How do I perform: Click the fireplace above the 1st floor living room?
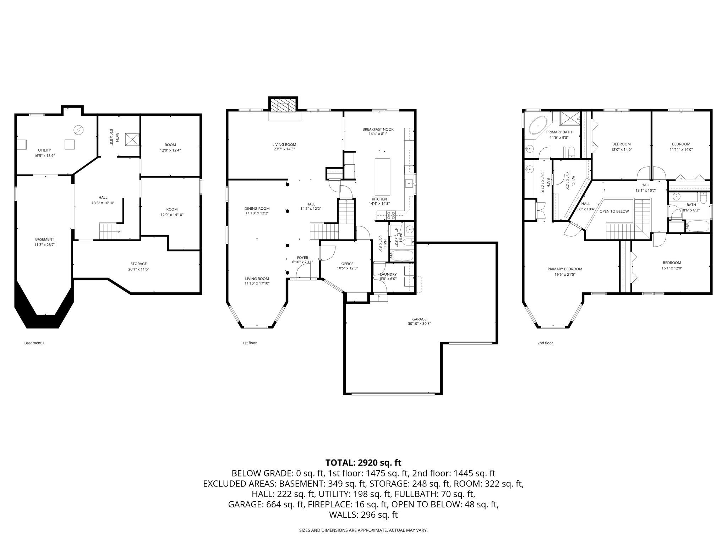click(283, 105)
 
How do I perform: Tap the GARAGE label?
click(419, 319)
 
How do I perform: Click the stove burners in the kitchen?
click(391, 215)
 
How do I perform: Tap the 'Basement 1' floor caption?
click(34, 343)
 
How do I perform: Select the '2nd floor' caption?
click(545, 343)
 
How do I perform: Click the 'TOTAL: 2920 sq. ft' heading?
click(363, 463)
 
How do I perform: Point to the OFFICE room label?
click(347, 264)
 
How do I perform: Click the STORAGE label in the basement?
click(138, 264)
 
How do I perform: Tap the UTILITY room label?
click(44, 150)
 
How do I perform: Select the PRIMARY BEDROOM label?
click(565, 269)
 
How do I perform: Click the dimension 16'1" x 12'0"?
click(672, 268)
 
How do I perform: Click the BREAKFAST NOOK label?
click(378, 129)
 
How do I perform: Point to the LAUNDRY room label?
click(388, 274)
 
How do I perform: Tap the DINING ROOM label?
click(257, 208)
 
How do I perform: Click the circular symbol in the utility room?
click(78, 130)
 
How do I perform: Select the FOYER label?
click(302, 258)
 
